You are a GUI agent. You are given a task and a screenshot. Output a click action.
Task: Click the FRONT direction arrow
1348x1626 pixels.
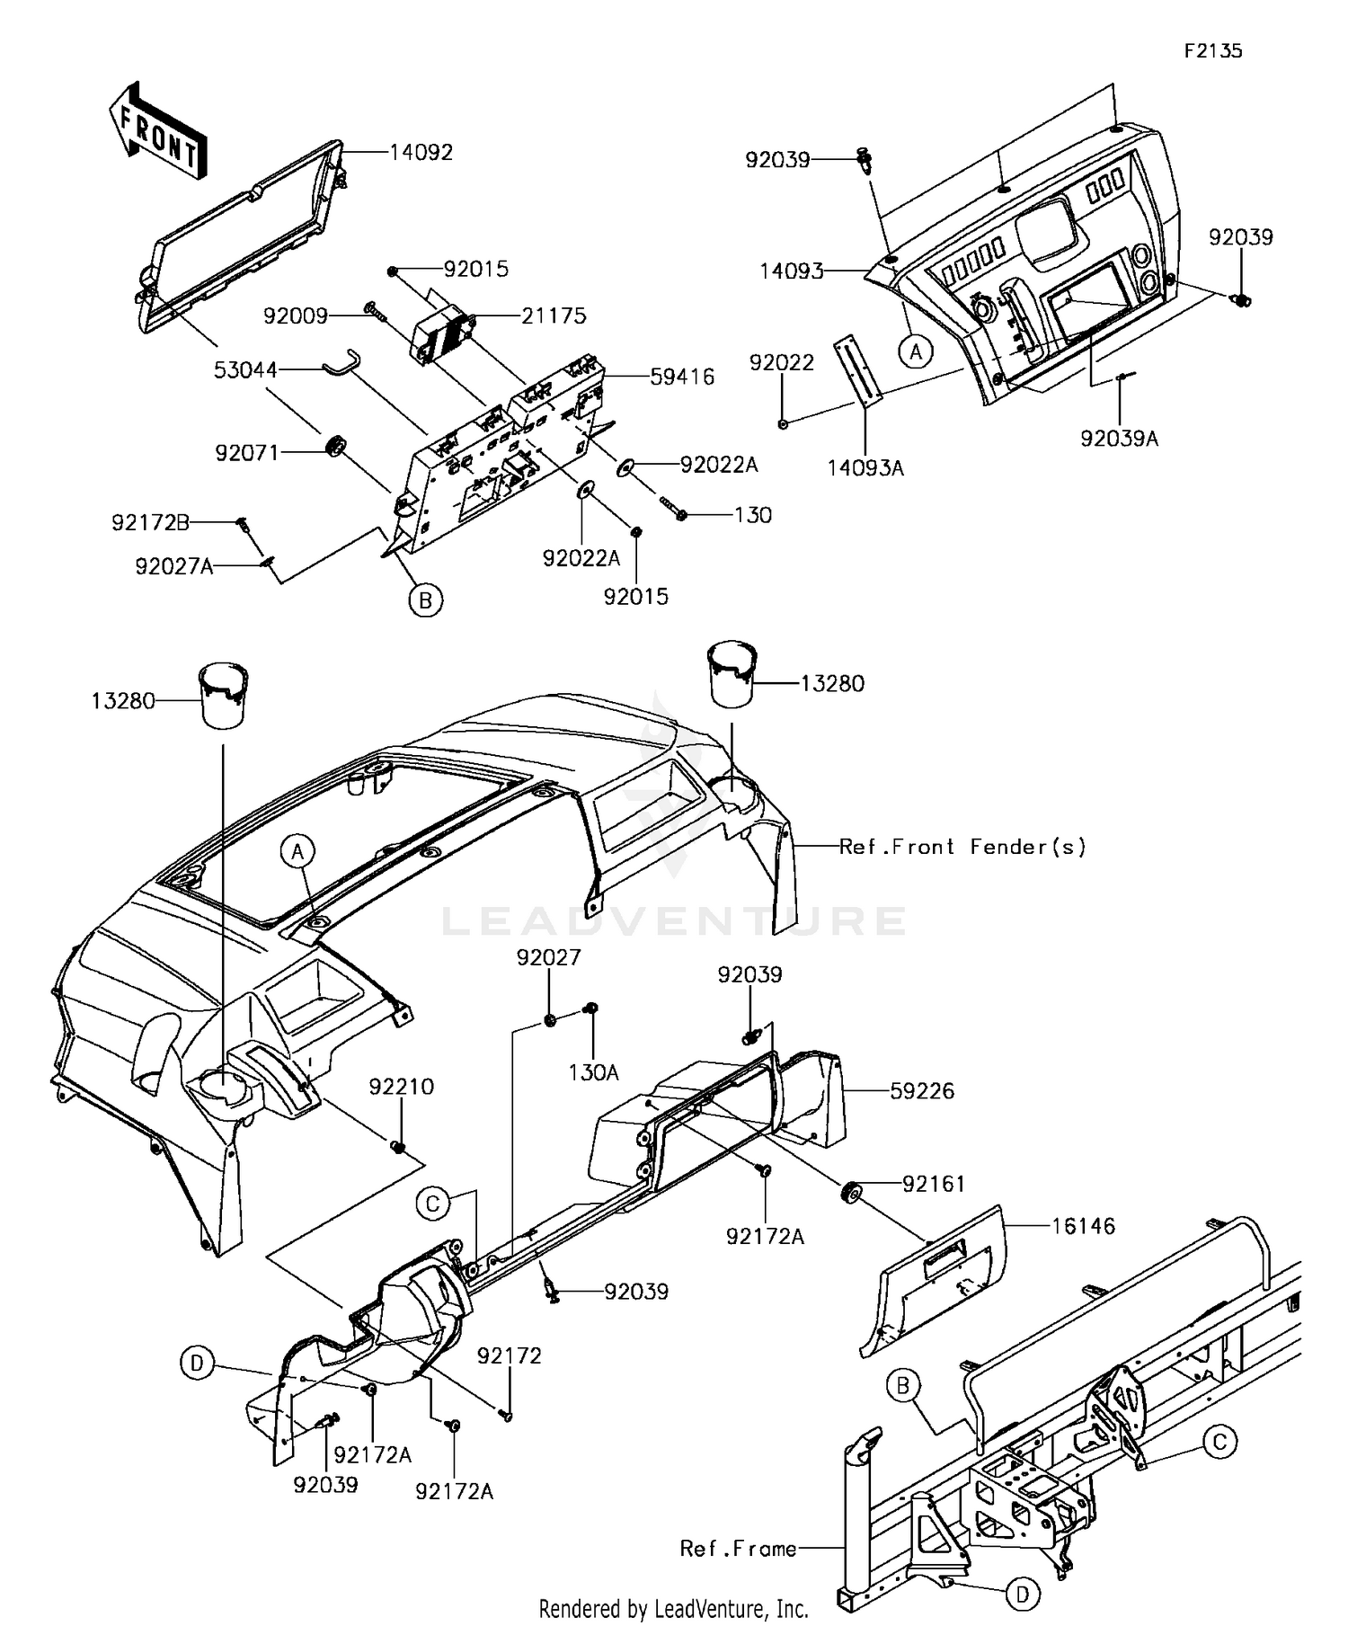158,133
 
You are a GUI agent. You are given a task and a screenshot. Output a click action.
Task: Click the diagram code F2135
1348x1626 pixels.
1212,51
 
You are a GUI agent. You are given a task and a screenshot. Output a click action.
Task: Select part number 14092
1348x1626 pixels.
421,152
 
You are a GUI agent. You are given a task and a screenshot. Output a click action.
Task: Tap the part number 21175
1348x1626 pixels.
554,315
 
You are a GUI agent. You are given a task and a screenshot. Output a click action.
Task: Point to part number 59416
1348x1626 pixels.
682,377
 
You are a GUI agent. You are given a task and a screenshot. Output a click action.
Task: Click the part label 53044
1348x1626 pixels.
246,369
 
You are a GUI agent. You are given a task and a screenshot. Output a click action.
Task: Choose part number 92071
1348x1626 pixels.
247,453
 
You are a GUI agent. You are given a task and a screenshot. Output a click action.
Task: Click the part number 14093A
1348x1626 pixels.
865,467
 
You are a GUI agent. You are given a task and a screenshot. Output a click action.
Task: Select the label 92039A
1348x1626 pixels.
1119,439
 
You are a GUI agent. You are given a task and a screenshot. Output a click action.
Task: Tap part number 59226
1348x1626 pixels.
922,1091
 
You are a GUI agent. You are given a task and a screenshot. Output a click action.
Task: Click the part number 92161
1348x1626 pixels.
934,1185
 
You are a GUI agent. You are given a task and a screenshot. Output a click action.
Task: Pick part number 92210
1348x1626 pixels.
401,1087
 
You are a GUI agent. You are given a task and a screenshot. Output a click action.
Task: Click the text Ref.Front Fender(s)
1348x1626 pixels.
962,847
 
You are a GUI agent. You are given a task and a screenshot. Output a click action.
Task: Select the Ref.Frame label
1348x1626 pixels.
738,1549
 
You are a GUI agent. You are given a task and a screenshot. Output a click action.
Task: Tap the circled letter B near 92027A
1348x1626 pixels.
426,600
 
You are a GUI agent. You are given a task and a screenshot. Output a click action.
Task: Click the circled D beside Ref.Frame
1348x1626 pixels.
1023,1595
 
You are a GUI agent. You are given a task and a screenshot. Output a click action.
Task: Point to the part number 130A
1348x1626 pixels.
593,1072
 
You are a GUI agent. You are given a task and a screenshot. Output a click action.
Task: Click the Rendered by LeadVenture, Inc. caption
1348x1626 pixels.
674,1608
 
